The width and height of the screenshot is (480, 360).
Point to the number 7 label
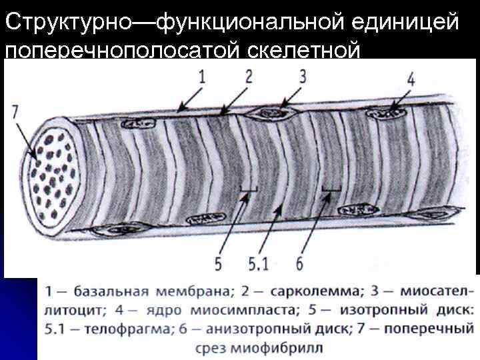coord(15,112)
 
